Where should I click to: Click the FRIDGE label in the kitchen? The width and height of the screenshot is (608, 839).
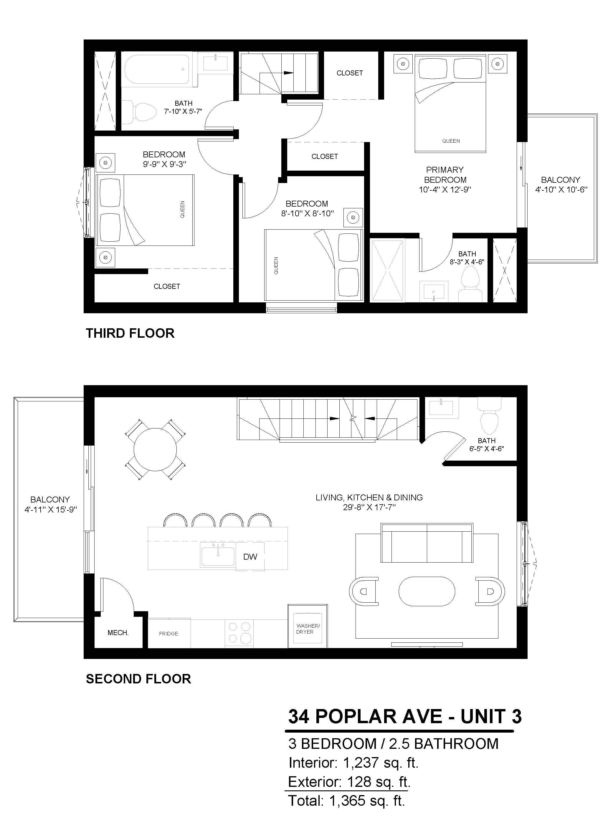coord(168,634)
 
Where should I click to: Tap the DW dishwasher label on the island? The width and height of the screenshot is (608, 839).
coord(250,557)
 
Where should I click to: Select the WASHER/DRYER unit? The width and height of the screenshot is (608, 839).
coord(308,626)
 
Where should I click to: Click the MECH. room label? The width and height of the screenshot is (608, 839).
coord(118,633)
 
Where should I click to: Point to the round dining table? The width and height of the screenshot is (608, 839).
coord(155,449)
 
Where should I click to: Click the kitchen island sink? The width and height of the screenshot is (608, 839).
coord(218,554)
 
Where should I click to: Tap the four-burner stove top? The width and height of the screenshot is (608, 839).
coord(239,633)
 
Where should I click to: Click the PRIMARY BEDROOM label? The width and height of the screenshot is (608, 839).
coord(445,174)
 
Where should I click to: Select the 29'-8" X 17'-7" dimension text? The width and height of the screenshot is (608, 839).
coord(369,507)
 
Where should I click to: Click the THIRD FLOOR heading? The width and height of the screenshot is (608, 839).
coord(130,333)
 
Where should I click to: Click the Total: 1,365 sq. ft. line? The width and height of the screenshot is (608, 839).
coord(346,800)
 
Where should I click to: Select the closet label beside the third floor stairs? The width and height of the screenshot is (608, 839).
coord(349,73)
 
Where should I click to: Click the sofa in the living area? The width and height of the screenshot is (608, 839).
coord(427,543)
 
